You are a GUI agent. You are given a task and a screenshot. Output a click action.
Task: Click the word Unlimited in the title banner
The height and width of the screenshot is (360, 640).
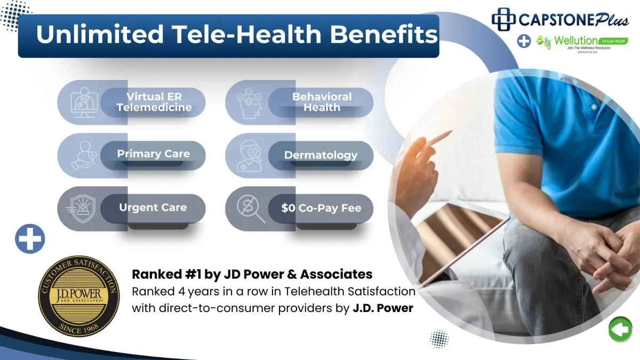click(100, 34)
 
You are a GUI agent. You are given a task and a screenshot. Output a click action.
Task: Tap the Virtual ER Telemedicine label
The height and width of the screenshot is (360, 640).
click(154, 102)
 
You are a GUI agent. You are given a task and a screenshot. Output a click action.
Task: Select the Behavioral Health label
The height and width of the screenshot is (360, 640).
click(322, 102)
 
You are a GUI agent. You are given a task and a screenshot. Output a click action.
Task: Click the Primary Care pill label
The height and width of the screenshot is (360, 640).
click(154, 154)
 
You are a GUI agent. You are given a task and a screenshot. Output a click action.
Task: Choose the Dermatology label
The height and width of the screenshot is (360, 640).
click(321, 155)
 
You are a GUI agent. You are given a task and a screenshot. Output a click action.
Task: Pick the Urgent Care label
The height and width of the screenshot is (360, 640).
click(153, 207)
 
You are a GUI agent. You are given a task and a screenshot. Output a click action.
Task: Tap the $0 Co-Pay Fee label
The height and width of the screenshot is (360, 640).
click(321, 207)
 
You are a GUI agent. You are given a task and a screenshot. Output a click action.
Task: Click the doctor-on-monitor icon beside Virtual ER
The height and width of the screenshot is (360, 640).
click(84, 102)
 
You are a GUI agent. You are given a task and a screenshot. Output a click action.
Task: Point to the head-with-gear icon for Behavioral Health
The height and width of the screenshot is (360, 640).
click(249, 103)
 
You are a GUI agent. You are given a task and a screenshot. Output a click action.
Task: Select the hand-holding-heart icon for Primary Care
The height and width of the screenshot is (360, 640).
click(83, 156)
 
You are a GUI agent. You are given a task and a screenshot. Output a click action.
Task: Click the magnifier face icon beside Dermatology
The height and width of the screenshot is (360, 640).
click(249, 156)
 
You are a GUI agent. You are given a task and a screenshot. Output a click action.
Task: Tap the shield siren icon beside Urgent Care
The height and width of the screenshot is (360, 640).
click(81, 209)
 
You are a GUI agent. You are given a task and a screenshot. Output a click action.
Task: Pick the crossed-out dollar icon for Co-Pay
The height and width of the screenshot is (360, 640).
click(251, 209)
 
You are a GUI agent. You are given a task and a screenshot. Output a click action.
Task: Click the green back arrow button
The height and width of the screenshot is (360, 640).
click(620, 330)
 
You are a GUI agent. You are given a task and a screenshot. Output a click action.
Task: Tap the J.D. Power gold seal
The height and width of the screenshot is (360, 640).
click(79, 296)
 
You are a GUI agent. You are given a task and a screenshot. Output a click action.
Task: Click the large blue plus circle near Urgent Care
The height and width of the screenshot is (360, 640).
click(30, 239)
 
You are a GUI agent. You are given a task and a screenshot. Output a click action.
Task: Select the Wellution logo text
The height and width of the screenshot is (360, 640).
click(575, 41)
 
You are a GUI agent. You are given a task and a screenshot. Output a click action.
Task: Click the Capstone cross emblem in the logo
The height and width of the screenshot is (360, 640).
click(503, 19)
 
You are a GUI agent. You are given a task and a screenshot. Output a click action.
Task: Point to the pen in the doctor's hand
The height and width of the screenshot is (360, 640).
click(440, 138)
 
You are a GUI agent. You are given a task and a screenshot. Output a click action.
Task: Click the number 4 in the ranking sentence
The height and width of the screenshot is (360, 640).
click(181, 292)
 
